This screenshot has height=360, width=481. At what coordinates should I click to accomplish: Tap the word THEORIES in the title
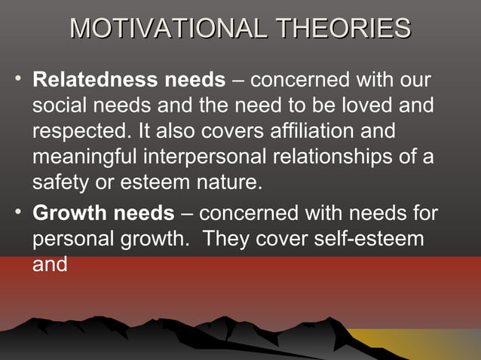[x=343, y=29]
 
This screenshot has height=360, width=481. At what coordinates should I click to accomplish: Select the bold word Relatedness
[x=91, y=80]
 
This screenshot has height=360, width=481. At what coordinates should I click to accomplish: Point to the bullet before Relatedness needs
[x=18, y=79]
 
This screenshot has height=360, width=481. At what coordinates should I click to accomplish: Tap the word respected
[x=81, y=132]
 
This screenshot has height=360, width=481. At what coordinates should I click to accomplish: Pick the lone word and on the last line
[x=50, y=265]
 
